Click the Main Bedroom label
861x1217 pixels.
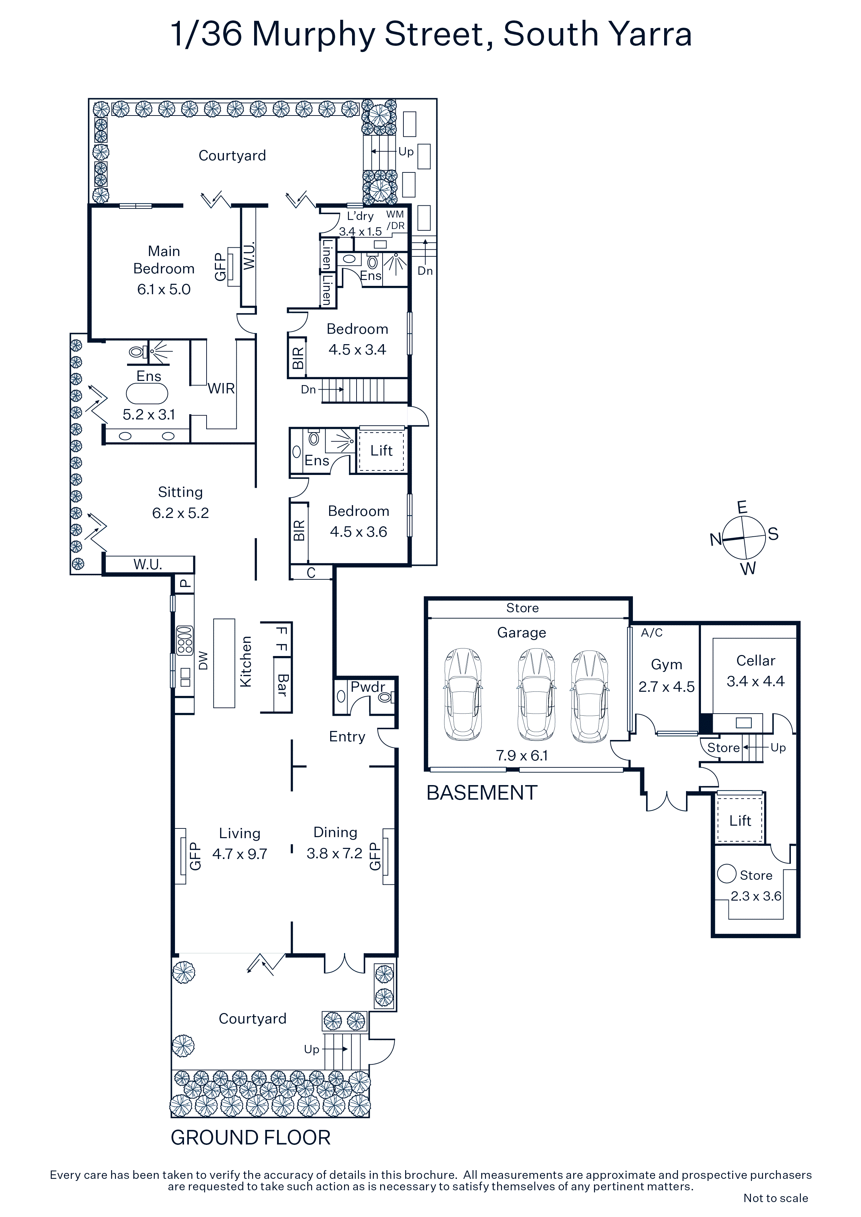164,260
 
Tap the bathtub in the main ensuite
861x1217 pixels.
147,394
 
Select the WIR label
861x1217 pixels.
221,389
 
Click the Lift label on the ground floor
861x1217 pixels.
382,451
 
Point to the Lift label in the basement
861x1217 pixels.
740,820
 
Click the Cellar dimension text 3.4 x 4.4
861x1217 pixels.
755,681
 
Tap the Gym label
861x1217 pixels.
666,665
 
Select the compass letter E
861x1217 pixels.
742,507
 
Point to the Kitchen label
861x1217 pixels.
245,662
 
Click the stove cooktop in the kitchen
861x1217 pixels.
185,641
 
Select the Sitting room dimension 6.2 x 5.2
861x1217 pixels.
181,513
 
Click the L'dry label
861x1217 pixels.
360,216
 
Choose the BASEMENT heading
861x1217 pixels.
482,793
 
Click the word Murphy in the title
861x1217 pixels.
315,35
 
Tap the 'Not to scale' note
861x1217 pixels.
776,1198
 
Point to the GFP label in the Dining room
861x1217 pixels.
375,857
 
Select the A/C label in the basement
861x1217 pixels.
651,632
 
